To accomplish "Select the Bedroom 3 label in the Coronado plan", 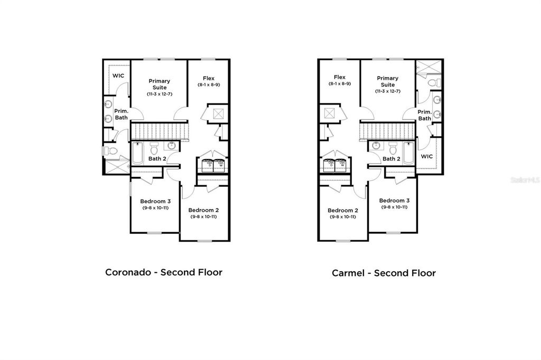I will [x=155, y=201].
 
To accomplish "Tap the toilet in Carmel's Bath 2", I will [x=393, y=147].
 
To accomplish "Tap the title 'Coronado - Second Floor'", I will [x=164, y=272].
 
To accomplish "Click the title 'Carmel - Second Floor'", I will [x=384, y=273].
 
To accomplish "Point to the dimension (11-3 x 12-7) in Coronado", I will [x=160, y=94].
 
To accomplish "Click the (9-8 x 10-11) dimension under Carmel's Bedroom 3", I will [x=394, y=207].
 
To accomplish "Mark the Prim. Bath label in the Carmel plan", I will [x=425, y=115].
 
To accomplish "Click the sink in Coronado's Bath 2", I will [x=172, y=146].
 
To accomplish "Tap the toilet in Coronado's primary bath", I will [x=111, y=151].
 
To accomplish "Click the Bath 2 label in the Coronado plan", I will [x=157, y=158].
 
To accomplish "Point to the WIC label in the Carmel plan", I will [x=427, y=156].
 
